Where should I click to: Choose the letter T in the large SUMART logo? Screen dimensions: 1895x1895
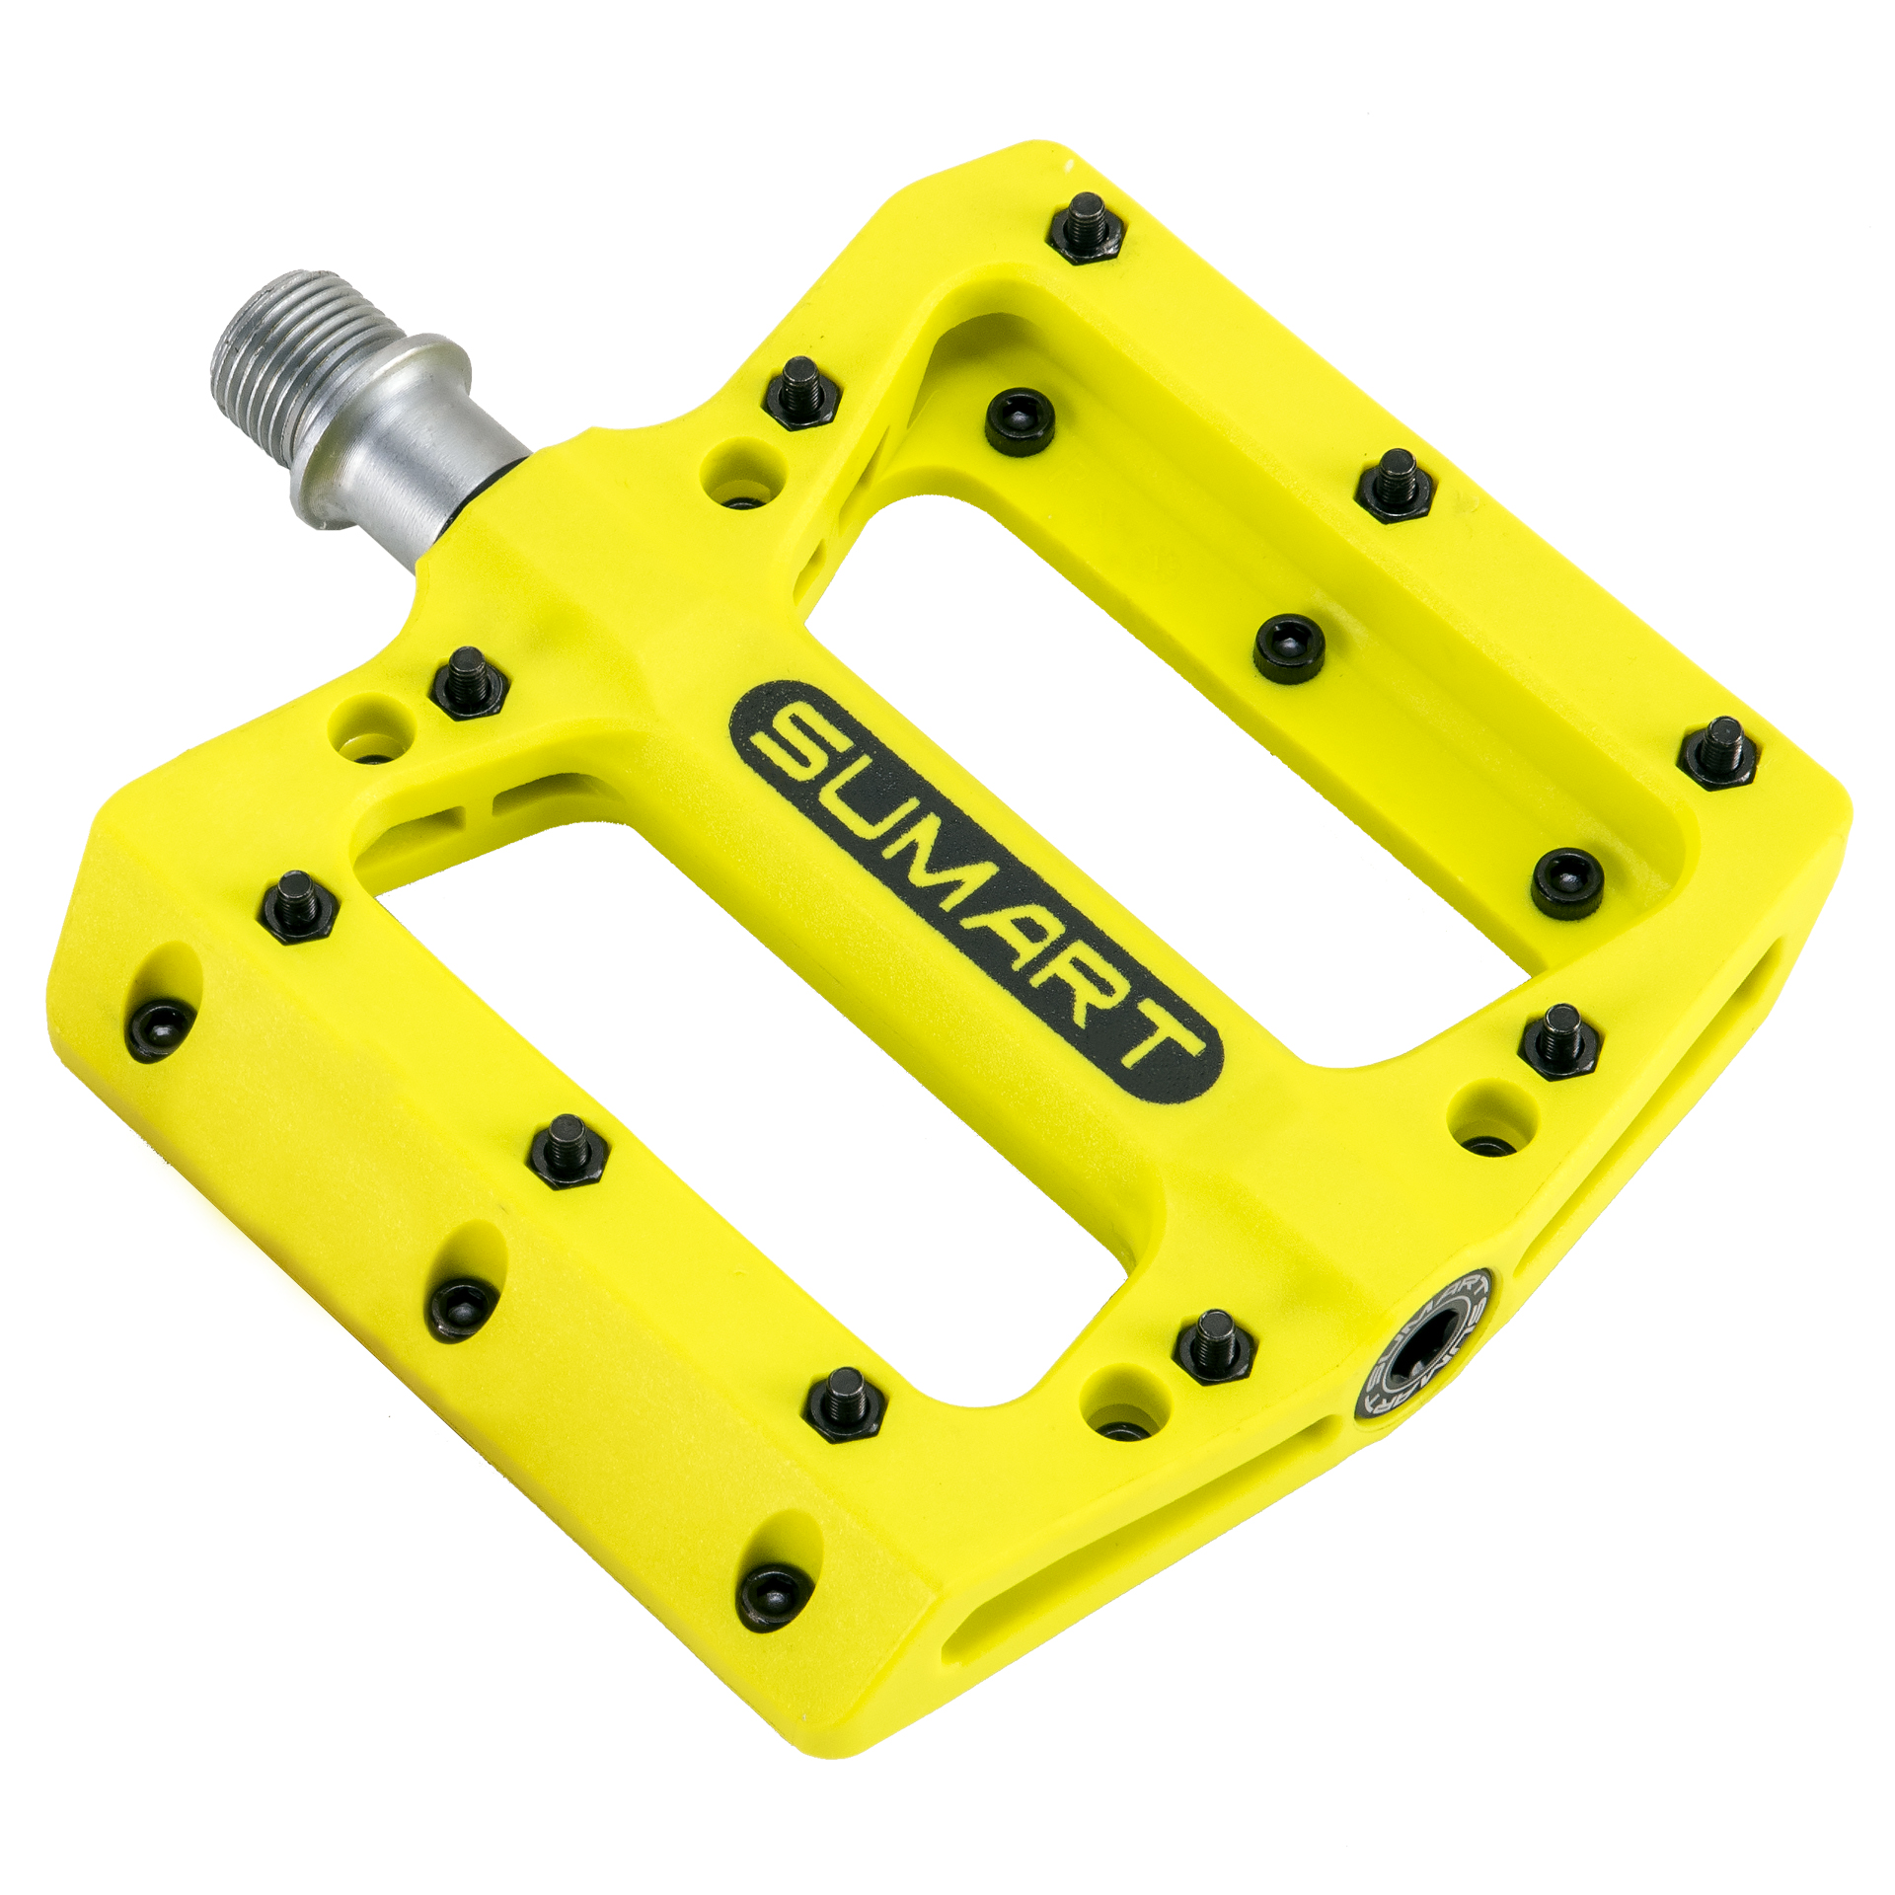(x=1155, y=1046)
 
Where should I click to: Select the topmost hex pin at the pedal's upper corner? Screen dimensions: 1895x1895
(x=1086, y=228)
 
